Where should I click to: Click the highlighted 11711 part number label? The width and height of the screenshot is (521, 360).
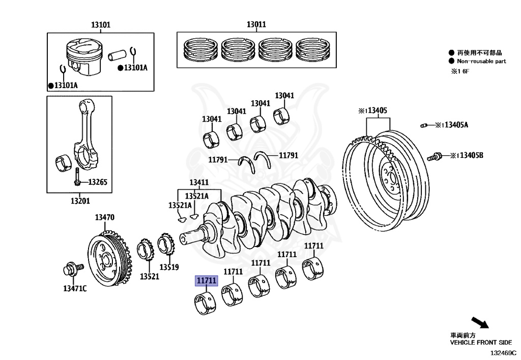point(206,281)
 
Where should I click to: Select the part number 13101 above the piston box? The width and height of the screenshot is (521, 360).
point(101,24)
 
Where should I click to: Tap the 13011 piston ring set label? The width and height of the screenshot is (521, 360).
point(256,24)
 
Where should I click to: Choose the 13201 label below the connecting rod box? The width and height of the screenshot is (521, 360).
point(80,201)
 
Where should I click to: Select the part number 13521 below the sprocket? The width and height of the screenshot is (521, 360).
point(150,276)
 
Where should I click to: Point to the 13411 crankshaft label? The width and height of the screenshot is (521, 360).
point(199,183)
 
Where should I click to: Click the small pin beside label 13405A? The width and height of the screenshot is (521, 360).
point(424,125)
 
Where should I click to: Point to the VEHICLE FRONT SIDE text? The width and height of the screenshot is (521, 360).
point(480,343)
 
